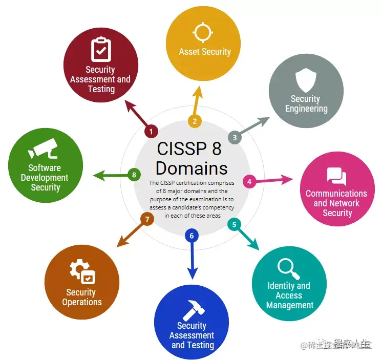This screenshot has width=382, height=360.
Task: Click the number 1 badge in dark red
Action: tap(151, 132)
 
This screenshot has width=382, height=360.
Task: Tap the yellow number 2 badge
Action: tap(194, 121)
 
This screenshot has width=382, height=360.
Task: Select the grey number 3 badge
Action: tap(235, 137)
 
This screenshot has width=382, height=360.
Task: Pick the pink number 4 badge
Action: tap(249, 181)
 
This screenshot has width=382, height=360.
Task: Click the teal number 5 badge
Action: tap(234, 224)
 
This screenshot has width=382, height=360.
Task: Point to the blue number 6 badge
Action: tap(192, 236)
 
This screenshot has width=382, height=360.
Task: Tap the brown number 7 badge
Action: tap(147, 219)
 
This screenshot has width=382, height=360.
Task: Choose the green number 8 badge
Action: tap(134, 175)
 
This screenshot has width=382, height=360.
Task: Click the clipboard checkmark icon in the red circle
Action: tap(101, 49)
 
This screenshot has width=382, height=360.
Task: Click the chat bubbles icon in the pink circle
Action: tap(336, 177)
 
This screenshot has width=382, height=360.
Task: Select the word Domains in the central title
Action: tap(192, 168)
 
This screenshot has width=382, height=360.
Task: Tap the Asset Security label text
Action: tap(205, 52)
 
